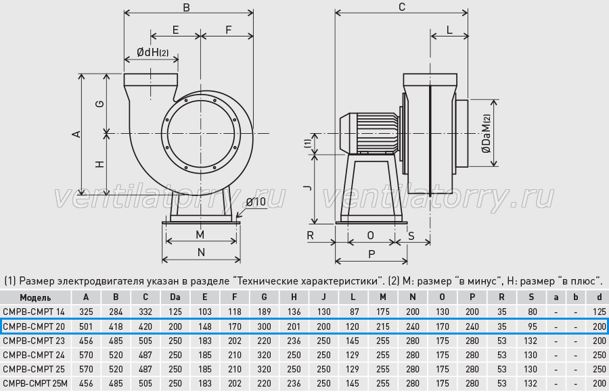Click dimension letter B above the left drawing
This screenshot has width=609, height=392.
tap(187, 7)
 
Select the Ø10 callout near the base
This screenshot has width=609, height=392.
tap(256, 202)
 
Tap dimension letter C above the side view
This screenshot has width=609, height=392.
tap(402, 7)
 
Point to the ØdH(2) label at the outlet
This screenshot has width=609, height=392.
tap(153, 52)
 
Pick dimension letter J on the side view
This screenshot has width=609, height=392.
tap(308, 188)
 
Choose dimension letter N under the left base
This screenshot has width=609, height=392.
tap(201, 253)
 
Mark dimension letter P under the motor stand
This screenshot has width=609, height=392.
tap(371, 255)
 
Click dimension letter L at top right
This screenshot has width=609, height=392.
tap(449, 30)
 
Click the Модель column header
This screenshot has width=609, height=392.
tap(35, 297)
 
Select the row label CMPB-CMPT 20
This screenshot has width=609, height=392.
tap(34, 326)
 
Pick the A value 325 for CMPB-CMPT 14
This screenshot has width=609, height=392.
tap(86, 312)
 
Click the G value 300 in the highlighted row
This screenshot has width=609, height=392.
tap(264, 326)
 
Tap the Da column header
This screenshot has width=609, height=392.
tap(175, 297)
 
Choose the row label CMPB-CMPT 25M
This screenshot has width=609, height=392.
tap(35, 384)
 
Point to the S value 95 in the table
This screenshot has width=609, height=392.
tap(533, 326)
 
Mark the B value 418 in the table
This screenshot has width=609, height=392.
tap(116, 326)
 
